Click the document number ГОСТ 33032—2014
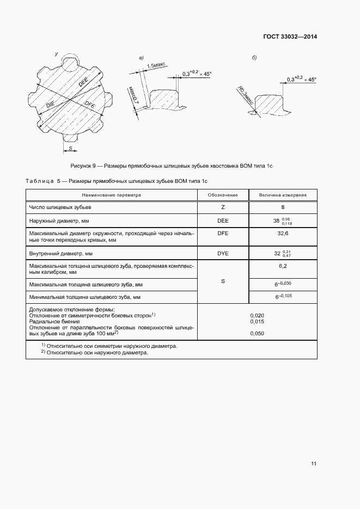tap(290, 37)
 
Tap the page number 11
tap(314, 464)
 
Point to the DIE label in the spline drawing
tap(51, 103)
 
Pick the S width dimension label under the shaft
tap(70, 148)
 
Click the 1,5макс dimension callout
tap(156, 65)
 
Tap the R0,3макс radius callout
tap(244, 94)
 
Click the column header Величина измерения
tap(283, 194)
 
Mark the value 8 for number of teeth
tap(283, 207)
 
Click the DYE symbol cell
tap(223, 253)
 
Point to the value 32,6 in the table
tap(283, 233)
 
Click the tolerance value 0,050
tap(257, 333)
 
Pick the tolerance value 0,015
tap(257, 321)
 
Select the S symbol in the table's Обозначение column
tap(223, 281)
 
